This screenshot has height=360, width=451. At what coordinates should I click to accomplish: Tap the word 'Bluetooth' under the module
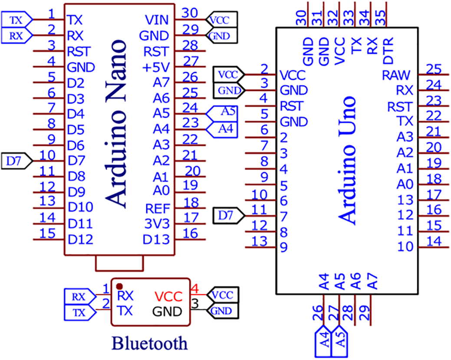150,344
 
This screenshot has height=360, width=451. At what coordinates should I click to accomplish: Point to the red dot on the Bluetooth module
119,286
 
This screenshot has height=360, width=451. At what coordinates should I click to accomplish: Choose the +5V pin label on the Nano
158,67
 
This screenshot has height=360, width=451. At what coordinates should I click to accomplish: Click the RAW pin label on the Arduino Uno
395,75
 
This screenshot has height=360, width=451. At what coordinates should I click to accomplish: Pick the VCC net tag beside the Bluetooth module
223,295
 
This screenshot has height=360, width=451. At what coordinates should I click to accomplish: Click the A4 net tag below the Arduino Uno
322,343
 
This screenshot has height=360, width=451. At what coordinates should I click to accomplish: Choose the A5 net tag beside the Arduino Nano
223,112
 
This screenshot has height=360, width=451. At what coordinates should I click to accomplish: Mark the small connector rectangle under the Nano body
119,262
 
